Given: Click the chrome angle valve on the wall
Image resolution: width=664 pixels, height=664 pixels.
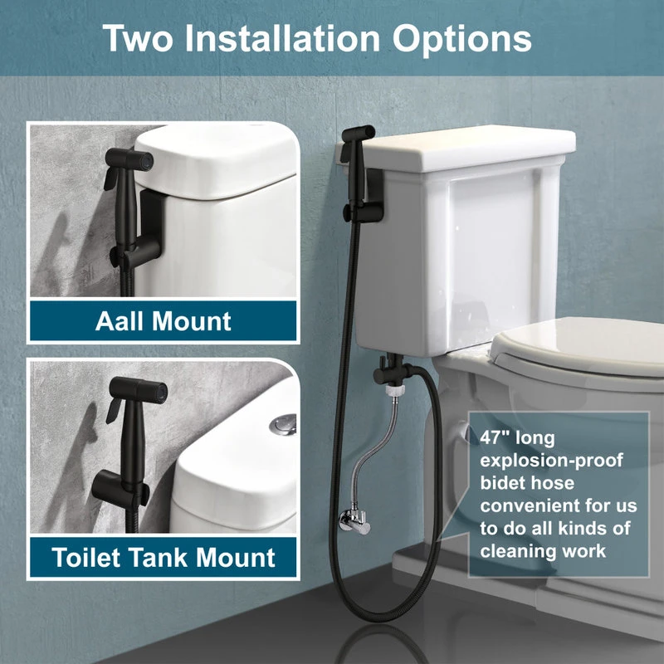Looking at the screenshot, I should click(354, 520).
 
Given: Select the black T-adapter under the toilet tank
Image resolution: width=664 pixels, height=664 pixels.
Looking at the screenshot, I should click(389, 369).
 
